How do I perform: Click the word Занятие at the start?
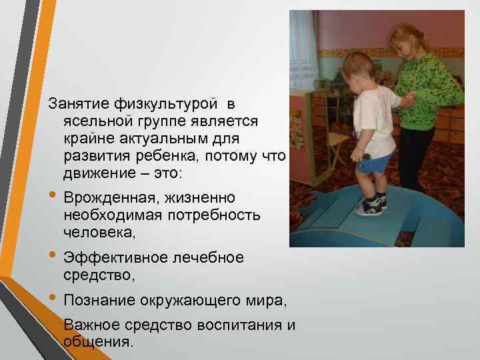coord(72,105)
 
